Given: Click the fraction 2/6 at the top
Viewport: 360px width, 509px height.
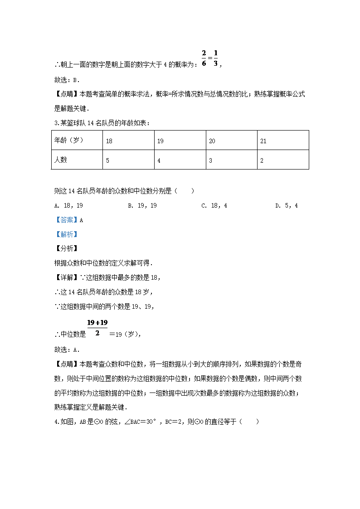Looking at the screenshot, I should [x=204, y=58].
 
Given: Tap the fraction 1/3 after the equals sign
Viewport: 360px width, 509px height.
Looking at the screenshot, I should [x=215, y=58].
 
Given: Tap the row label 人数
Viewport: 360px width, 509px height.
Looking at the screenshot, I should [x=61, y=160].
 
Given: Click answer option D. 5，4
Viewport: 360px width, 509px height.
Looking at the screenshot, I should [x=287, y=205].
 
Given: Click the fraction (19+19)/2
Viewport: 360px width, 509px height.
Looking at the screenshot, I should [x=97, y=328].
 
